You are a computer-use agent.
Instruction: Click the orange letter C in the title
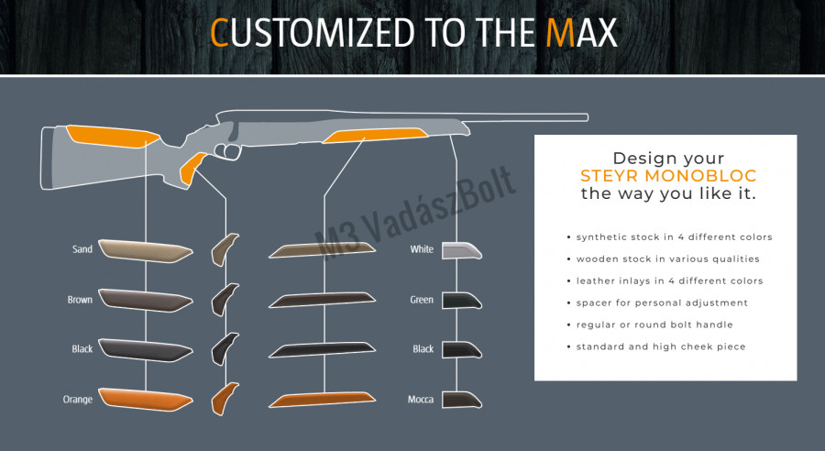click(x=219, y=33)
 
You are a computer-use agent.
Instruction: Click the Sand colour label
click(x=82, y=249)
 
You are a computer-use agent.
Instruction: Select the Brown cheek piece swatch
click(x=145, y=299)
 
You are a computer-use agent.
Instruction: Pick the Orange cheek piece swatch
click(x=145, y=399)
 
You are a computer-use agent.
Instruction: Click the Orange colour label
click(x=79, y=400)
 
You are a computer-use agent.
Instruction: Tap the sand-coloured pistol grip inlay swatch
click(x=225, y=248)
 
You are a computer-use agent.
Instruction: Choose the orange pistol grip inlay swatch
click(x=225, y=398)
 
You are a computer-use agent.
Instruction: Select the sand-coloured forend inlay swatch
click(x=322, y=249)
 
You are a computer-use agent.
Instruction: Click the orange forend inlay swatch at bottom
click(x=322, y=400)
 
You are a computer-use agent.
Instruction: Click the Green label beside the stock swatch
click(x=422, y=300)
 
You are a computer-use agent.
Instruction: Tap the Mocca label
click(x=421, y=400)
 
